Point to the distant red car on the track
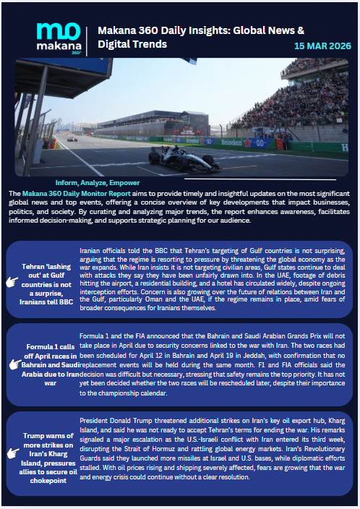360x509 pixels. point(72,138)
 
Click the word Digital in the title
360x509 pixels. point(106,44)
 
